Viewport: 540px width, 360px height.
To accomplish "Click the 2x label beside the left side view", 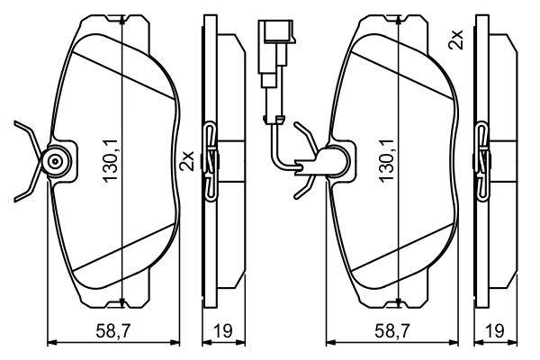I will tap(188, 160).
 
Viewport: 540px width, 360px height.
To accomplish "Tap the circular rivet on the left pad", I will tap(57, 162).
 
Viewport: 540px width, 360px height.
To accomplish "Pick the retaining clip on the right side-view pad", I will tap(485, 160).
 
